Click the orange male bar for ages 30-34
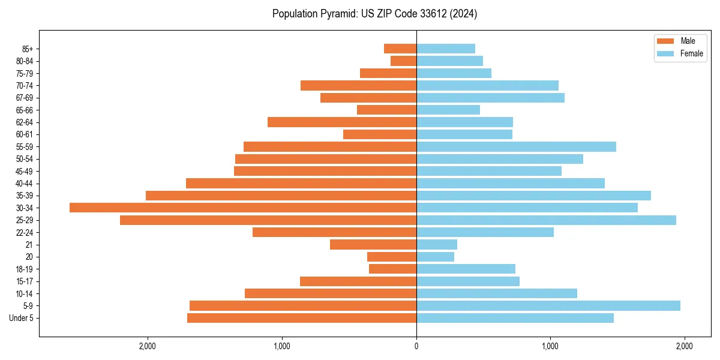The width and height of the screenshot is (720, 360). click(243, 208)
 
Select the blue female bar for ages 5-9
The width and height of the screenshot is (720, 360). click(548, 306)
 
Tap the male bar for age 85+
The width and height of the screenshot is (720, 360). click(400, 49)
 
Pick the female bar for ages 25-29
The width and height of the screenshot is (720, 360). click(546, 220)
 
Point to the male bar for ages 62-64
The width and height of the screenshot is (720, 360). click(342, 122)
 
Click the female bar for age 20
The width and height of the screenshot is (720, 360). click(435, 257)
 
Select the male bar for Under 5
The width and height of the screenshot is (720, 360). click(302, 318)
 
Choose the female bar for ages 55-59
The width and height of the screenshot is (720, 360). click(516, 147)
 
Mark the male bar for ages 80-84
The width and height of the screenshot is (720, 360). click(403, 61)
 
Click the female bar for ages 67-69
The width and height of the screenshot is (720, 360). click(490, 98)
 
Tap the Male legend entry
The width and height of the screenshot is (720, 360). click(688, 41)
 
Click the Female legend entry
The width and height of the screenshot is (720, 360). click(691, 53)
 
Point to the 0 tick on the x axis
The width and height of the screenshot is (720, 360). click(416, 346)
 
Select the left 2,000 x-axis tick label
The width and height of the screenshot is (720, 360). click(148, 346)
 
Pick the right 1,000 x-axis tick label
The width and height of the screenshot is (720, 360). click(550, 346)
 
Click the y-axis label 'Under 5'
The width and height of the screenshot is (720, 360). click(21, 318)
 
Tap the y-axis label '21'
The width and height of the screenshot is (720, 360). click(29, 245)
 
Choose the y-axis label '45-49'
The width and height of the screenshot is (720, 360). click(25, 171)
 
